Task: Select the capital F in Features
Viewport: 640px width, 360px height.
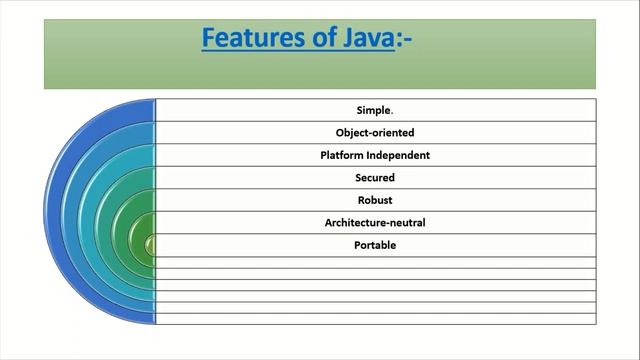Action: point(209,39)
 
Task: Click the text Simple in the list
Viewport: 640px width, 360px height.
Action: point(373,110)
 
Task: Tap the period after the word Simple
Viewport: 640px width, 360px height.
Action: point(393,112)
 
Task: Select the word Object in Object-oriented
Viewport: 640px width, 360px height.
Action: point(353,132)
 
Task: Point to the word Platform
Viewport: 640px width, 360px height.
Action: point(342,155)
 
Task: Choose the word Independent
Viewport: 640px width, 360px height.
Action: point(398,155)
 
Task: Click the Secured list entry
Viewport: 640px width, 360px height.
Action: point(375,177)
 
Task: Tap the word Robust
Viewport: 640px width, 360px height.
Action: point(375,200)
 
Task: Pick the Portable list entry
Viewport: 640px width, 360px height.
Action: point(375,245)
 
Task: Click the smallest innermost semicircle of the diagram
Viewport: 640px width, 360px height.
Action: point(151,245)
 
